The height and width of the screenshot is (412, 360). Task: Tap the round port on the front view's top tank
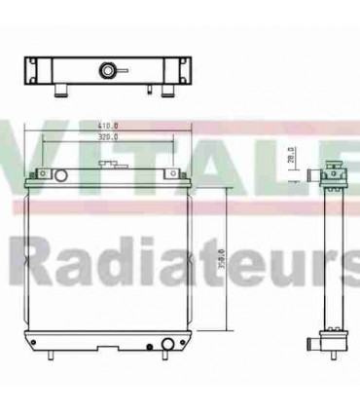[61, 176]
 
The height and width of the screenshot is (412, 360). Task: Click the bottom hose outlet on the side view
[307, 343]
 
